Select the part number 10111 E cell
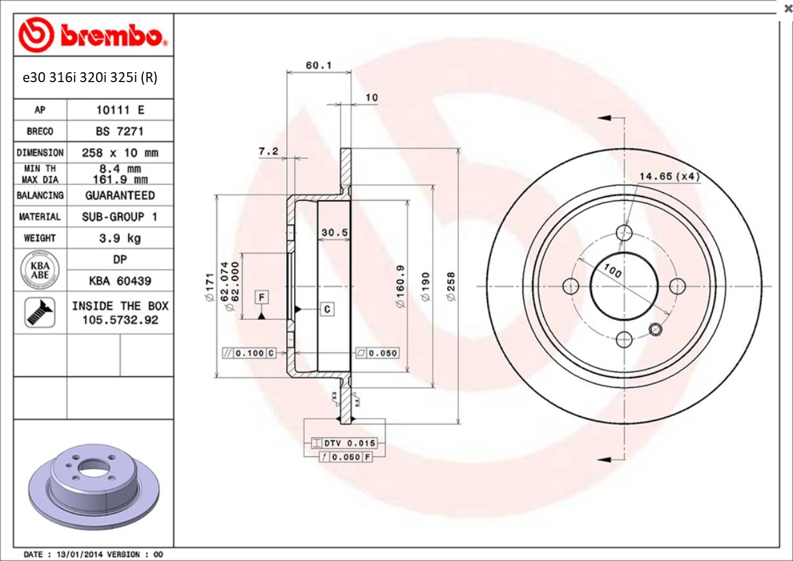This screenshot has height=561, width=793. (120, 110)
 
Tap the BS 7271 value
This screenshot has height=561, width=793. (120, 131)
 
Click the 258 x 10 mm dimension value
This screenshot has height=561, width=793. (120, 152)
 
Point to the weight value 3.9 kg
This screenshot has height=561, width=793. (120, 238)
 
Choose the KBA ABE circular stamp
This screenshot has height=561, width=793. (40, 270)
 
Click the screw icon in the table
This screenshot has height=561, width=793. (40, 313)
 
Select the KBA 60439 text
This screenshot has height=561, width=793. (120, 281)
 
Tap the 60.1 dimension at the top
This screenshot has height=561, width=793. (318, 65)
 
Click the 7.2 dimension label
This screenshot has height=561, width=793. (268, 152)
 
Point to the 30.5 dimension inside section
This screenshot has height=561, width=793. (334, 232)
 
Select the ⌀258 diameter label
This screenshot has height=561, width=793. (452, 286)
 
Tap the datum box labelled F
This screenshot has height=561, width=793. (262, 297)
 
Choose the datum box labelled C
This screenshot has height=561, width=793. (327, 309)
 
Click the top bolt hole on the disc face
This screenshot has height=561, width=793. (624, 232)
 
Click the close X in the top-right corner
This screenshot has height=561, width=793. (787, 8)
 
